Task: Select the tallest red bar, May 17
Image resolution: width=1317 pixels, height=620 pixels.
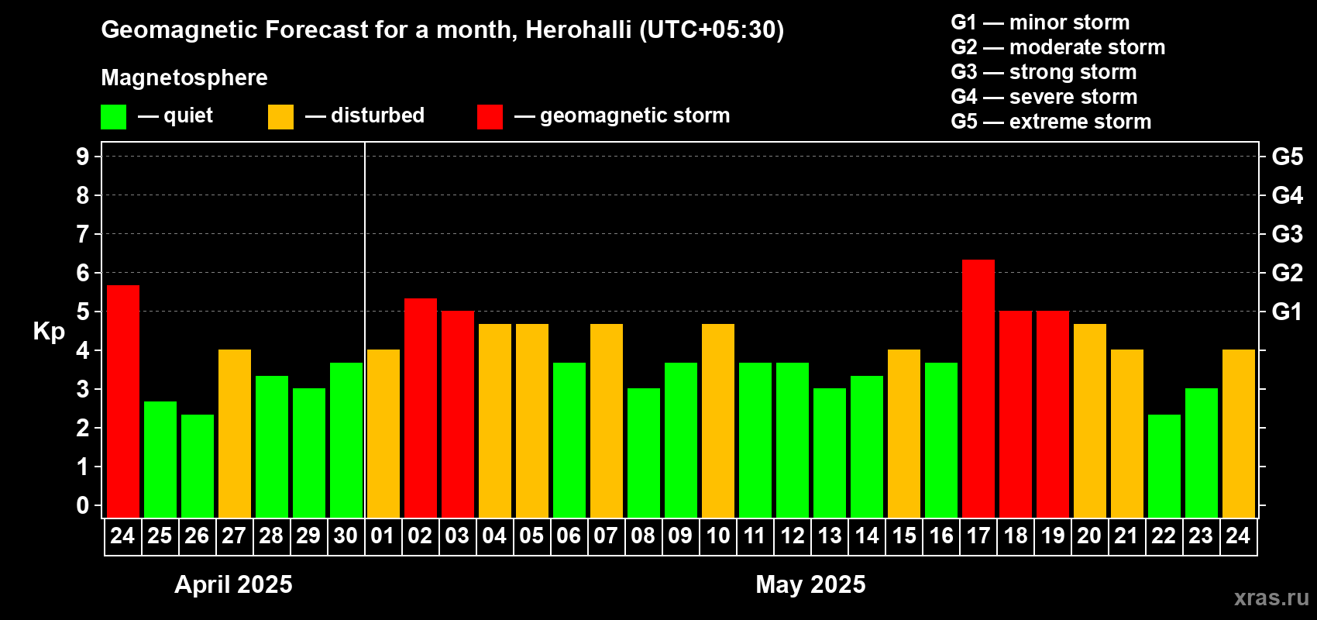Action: (x=978, y=387)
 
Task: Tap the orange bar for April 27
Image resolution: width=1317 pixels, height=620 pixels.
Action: (x=235, y=433)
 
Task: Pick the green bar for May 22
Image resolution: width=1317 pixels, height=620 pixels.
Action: (x=1164, y=466)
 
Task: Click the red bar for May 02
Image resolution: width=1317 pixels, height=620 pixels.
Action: (x=421, y=408)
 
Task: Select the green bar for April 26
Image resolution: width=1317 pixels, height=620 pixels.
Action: (x=198, y=466)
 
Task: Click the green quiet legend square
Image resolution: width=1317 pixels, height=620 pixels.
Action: (x=114, y=117)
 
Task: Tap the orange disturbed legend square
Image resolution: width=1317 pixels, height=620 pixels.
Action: (x=281, y=117)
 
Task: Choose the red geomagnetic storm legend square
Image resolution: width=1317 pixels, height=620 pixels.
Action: (x=490, y=117)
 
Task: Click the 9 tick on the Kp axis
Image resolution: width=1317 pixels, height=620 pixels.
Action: (x=83, y=157)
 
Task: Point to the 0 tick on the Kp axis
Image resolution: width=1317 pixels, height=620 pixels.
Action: (x=83, y=506)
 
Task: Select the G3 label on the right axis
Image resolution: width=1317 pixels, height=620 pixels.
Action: (x=1287, y=234)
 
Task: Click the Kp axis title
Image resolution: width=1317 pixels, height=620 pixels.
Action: (x=49, y=332)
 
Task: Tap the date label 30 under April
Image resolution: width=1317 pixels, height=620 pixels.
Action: (x=346, y=536)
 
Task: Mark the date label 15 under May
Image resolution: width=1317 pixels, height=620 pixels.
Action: (x=904, y=536)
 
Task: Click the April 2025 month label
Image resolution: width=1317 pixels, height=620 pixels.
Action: (x=233, y=584)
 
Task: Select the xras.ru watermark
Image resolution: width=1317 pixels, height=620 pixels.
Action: (x=1271, y=597)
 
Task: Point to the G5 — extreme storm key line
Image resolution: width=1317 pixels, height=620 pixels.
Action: (x=1051, y=122)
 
